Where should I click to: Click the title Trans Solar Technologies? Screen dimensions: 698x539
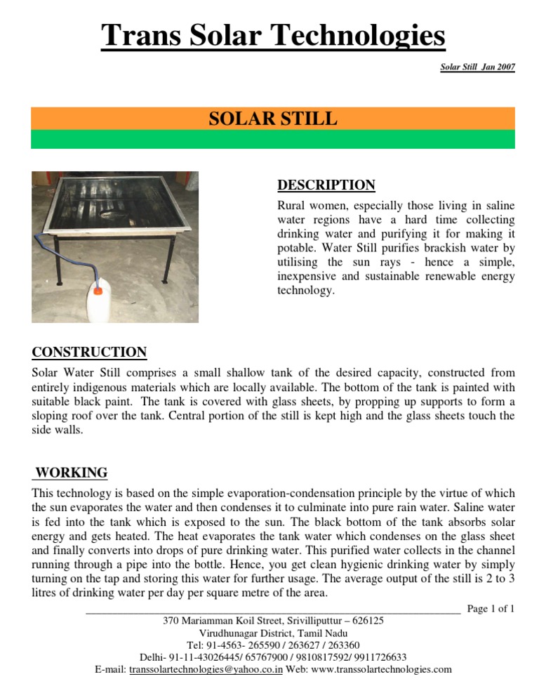pyautogui.click(x=273, y=36)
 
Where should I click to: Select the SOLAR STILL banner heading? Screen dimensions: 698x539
pyautogui.click(x=273, y=118)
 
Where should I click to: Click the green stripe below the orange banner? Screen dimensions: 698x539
pyautogui.click(x=273, y=139)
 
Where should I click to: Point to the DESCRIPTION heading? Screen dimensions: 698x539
pyautogui.click(x=326, y=185)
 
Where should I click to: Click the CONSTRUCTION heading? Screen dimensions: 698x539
pyautogui.click(x=89, y=353)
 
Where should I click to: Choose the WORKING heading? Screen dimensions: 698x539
pyautogui.click(x=71, y=473)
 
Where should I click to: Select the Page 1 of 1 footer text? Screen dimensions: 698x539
pyautogui.click(x=491, y=609)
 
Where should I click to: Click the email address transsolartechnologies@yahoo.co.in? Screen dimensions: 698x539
pyautogui.click(x=206, y=669)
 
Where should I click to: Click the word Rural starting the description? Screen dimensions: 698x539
pyautogui.click(x=293, y=206)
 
